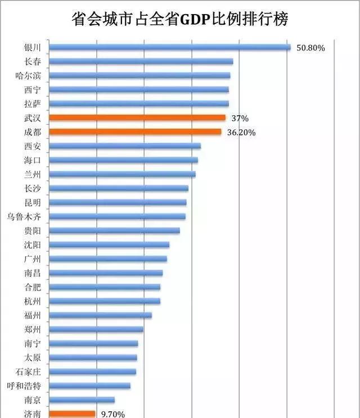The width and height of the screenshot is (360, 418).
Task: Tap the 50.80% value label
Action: [311, 48]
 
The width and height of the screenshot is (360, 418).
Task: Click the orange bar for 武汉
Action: [137, 118]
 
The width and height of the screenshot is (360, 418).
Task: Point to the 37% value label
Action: [240, 118]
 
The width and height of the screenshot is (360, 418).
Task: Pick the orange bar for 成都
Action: [135, 132]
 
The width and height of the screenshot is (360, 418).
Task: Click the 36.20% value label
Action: [242, 133]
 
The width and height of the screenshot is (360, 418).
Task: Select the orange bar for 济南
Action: [72, 414]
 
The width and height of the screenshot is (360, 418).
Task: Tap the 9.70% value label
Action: [112, 415]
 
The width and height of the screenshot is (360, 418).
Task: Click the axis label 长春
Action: [33, 61]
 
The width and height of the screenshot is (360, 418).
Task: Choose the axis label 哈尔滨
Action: [28, 75]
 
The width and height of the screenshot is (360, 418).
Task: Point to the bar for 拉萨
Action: [139, 103]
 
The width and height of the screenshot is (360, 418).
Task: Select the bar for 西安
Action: [125, 146]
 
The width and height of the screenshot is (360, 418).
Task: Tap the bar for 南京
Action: [82, 400]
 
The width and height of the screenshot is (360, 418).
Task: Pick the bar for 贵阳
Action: [114, 230]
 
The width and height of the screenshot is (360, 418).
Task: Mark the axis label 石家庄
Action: [28, 371]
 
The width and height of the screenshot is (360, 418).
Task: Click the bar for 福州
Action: [100, 315]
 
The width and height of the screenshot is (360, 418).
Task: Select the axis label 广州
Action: [33, 258]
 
